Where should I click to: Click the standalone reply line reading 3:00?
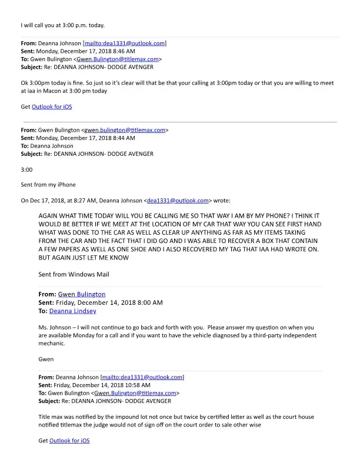click(x=26, y=169)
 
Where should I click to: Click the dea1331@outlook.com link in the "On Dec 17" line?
click(x=177, y=200)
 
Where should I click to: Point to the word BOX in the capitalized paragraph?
click(x=284, y=241)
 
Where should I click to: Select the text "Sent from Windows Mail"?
click(x=74, y=274)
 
